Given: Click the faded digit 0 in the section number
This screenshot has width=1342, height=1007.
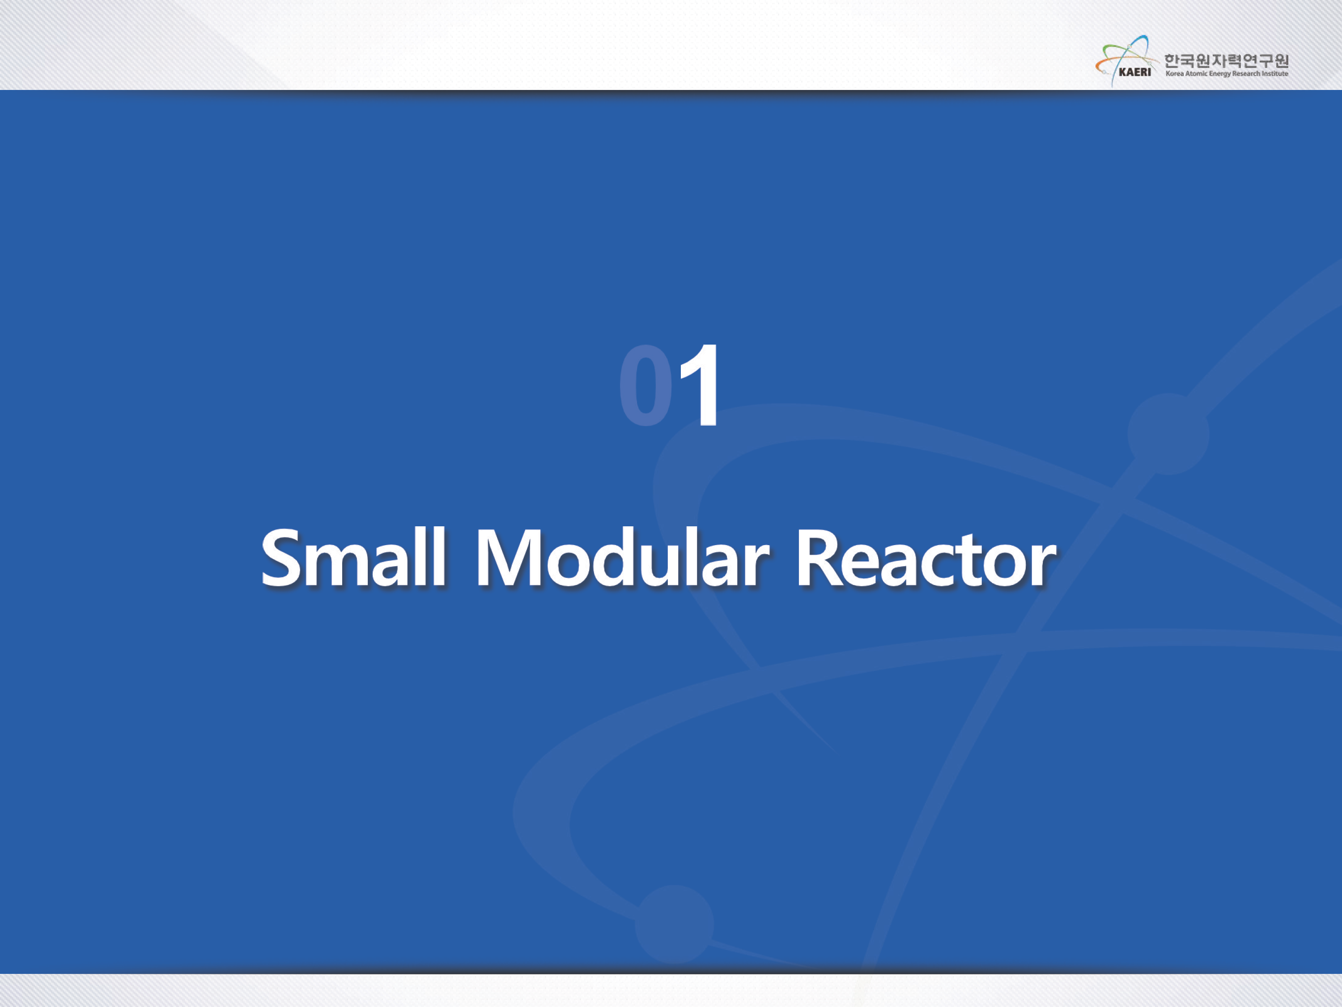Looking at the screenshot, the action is click(x=646, y=385).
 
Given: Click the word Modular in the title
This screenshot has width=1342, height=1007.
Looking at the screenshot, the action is click(x=622, y=557).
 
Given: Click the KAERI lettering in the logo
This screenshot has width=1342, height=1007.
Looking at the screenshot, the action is click(x=1134, y=72).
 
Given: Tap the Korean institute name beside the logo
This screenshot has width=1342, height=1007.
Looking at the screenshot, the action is click(x=1226, y=61).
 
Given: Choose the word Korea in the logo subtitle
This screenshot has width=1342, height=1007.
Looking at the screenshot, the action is click(x=1175, y=74).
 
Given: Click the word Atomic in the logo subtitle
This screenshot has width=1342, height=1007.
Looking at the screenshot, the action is click(x=1197, y=74).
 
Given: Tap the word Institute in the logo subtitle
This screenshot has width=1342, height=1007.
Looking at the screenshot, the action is click(x=1275, y=74).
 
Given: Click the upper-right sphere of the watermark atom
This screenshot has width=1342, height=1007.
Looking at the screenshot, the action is click(x=1168, y=433).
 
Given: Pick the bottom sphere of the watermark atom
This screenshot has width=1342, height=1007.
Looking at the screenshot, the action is click(x=674, y=924).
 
